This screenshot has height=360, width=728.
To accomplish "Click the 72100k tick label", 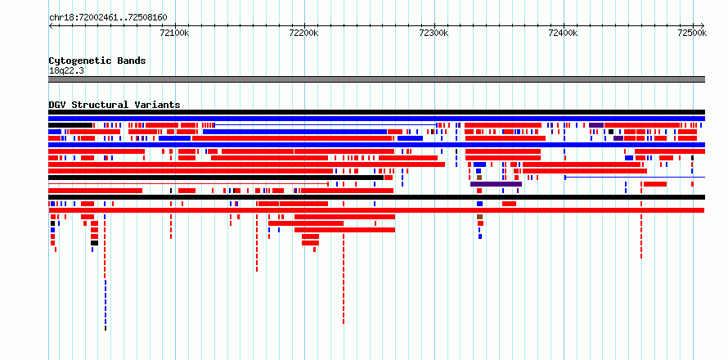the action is [174, 33].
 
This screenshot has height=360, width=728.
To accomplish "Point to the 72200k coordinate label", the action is [303, 33].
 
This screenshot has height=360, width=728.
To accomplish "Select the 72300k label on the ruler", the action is [434, 33].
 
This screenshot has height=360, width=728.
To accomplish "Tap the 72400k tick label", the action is [563, 33].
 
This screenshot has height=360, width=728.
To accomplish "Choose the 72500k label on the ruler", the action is [692, 33].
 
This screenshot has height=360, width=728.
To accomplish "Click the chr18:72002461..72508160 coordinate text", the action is [108, 18].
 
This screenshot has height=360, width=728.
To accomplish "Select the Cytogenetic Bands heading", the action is [97, 61].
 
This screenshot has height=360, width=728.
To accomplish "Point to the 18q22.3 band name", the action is [66, 71].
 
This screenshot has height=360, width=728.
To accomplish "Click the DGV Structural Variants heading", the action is [115, 105].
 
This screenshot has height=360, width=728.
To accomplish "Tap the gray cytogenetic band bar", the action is [376, 79].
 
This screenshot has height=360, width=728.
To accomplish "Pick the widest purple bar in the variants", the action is [496, 184].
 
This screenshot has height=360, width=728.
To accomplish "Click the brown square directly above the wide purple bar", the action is [479, 178].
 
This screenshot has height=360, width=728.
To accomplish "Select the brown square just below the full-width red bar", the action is [479, 217].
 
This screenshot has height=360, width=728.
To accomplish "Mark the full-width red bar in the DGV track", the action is [376, 210].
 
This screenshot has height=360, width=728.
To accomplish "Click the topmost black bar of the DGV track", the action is [376, 112].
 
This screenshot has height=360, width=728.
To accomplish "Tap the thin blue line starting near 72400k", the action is [635, 177].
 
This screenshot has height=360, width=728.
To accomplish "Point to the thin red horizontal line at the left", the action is [188, 184].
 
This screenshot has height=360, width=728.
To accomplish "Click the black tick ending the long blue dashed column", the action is [106, 328].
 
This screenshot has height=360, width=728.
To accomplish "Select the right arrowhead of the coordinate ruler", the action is [703, 25].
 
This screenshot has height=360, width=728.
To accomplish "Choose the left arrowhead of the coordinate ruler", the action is [50, 25].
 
